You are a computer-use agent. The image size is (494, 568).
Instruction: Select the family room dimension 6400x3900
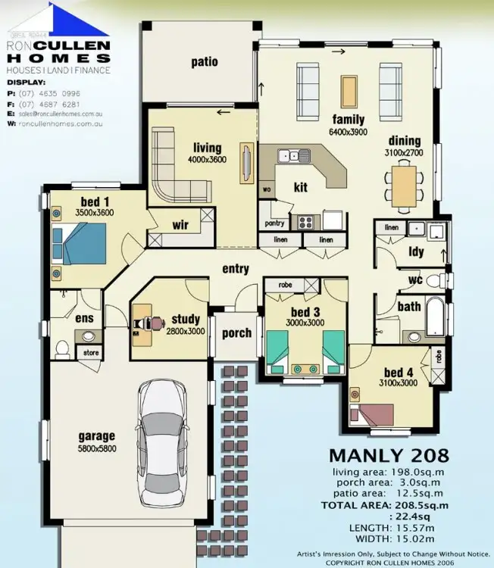coord(348,131)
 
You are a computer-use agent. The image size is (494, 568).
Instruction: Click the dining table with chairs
coord(404,186)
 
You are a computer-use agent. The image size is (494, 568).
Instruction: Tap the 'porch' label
coord(236,333)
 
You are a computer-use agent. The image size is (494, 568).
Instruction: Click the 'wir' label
coord(180,225)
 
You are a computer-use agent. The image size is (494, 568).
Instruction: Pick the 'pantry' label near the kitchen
coord(274,224)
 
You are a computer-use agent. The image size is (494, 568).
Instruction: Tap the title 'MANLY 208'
coord(388,456)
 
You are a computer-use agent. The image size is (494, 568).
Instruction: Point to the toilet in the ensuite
coord(63,349)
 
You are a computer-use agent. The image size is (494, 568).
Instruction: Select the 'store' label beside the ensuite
coord(91,352)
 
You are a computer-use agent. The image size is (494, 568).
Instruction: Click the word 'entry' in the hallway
coord(236,269)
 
